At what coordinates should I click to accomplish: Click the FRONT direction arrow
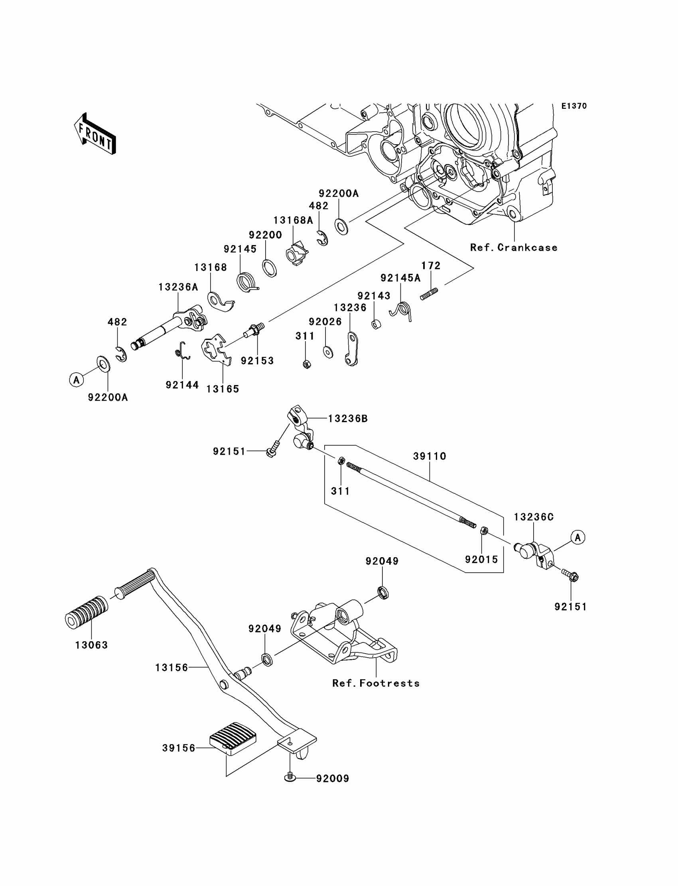95,134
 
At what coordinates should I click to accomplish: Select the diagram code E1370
574,106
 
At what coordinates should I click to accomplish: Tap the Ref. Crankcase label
514,248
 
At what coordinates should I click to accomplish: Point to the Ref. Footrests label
376,683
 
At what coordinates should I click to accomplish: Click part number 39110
430,456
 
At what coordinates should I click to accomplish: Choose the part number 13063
92,645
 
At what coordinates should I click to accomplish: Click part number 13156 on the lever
171,668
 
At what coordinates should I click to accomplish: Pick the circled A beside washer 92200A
76,379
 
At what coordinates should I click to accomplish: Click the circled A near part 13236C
578,537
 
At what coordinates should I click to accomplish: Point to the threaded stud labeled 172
429,294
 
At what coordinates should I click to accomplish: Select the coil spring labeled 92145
245,281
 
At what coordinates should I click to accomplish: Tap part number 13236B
347,418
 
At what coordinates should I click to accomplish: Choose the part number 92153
257,361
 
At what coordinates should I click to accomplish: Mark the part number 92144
182,385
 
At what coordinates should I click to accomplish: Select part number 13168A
293,220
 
